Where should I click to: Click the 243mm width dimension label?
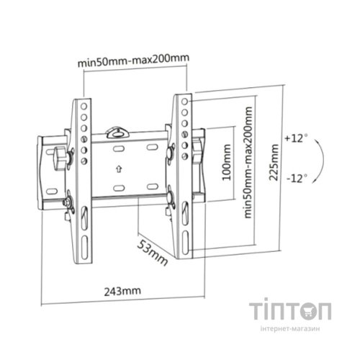tap(120, 291)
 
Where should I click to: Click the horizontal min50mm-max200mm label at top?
tap(134, 61)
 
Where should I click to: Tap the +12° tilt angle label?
tap(295, 137)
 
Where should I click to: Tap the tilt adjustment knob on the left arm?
tap(60, 154)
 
